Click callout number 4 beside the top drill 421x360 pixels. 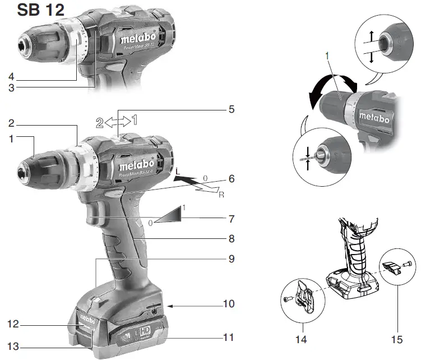pos(12,76)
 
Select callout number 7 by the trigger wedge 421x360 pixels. pos(231,217)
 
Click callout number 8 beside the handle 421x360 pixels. pos(231,238)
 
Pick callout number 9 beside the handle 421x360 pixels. pos(231,259)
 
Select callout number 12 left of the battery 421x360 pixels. pos(12,324)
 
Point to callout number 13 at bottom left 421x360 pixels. pos(12,347)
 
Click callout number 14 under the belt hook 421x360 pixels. pos(304,340)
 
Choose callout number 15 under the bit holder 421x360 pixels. pos(400,340)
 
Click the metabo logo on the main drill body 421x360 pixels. pos(136,167)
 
